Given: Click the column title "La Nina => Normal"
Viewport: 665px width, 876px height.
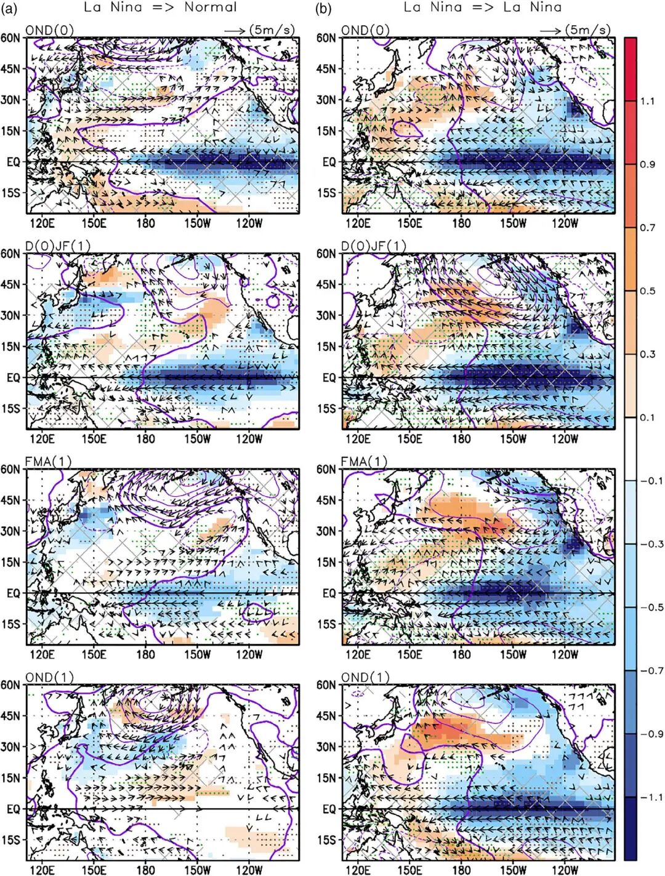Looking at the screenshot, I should click(160, 8).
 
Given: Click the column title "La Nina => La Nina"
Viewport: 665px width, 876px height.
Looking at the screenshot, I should click(483, 8).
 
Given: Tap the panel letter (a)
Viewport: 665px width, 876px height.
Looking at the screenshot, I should click(9, 8).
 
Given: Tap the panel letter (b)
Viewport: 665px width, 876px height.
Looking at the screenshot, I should click(324, 8).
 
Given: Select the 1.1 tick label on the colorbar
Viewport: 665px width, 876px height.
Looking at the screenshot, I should click(647, 102).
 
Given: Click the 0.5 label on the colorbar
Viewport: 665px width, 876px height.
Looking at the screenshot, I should click(647, 291).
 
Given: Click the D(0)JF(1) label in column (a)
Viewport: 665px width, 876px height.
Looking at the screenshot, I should click(58, 246).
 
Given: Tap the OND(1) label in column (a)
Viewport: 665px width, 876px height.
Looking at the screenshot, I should click(49, 678).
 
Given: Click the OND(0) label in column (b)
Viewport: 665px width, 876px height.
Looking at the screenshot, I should click(365, 30).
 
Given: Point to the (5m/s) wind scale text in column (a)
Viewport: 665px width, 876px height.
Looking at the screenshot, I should click(272, 30).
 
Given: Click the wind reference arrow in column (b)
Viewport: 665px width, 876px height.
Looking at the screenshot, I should click(550, 31).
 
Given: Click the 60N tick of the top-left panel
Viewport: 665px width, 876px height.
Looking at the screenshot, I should click(10, 38).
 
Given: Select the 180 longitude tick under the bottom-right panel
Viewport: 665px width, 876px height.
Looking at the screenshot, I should click(461, 870).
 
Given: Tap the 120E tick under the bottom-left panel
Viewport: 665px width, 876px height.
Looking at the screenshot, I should click(41, 870).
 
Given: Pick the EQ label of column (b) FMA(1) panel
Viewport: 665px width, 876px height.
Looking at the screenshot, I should click(329, 593).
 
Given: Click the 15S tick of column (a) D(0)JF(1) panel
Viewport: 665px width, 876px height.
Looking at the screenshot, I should click(10, 409).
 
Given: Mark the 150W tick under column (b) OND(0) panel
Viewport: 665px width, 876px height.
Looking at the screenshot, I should click(513, 223).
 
